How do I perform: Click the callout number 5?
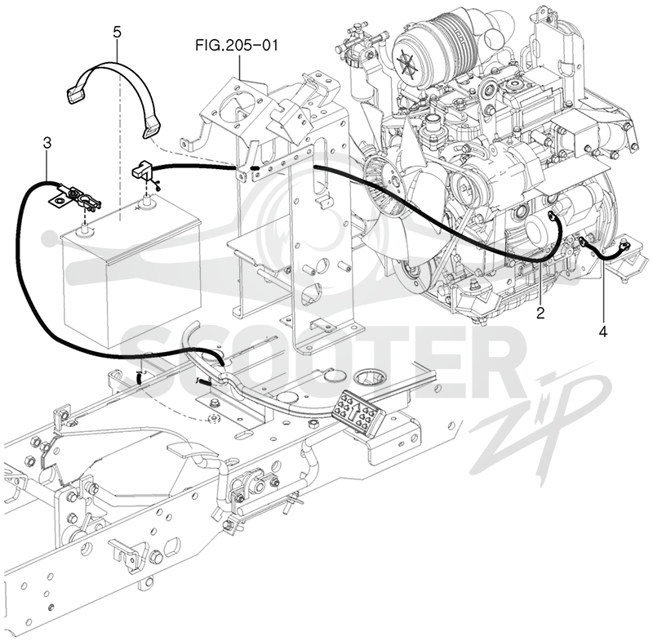click(x=117, y=32)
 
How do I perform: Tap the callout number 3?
click(x=47, y=143)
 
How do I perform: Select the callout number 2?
click(x=540, y=314)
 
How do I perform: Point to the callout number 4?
click(x=602, y=332)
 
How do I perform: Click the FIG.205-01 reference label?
click(x=236, y=45)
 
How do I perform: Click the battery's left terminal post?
click(x=86, y=228)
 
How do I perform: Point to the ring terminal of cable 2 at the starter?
click(x=551, y=215)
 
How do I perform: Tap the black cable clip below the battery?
click(x=138, y=378)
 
